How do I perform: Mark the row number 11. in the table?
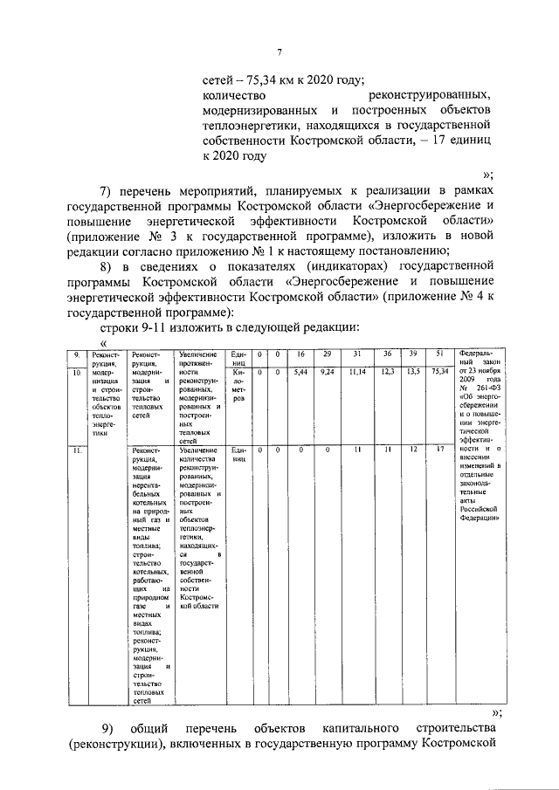tap(76, 450)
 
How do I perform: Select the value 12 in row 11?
tap(414, 450)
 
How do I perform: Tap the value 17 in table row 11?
tap(442, 450)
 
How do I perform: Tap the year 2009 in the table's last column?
tap(469, 381)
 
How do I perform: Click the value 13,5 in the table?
tap(414, 372)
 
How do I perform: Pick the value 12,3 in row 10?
tap(386, 372)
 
